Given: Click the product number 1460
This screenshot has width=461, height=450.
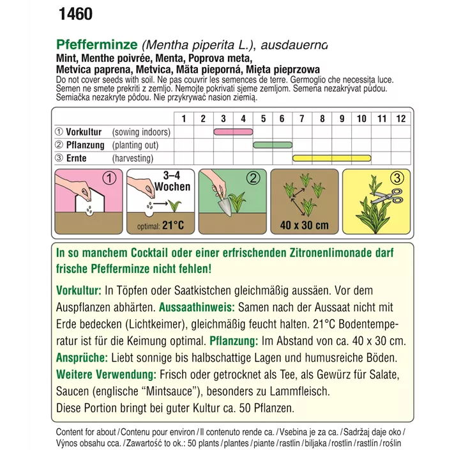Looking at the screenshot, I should tap(75, 14).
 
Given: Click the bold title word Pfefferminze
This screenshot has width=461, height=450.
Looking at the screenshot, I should tap(98, 45).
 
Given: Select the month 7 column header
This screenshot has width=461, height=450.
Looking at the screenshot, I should tap(302, 118).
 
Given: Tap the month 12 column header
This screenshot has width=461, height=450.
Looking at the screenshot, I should tap(400, 118).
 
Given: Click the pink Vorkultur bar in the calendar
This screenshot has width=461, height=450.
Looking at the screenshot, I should tap(233, 132).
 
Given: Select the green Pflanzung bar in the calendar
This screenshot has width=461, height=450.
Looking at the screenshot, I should tap(273, 145).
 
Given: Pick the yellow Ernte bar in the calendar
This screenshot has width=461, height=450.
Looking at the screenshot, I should tap(331, 158).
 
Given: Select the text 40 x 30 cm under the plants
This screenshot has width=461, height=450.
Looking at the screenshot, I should tap(304, 225).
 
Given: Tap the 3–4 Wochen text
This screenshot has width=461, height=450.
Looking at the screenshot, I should tap(172, 181).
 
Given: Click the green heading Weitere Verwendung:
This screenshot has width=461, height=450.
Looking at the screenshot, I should tap(106, 374).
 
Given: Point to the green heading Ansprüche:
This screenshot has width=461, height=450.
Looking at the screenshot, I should tap(82, 357).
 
